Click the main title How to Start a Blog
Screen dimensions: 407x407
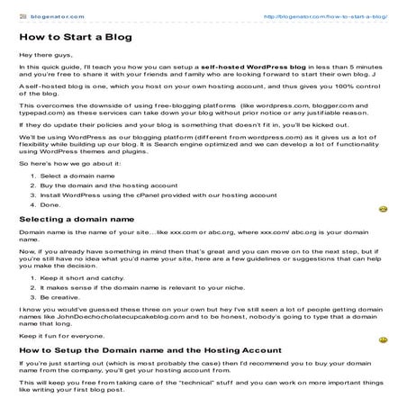point(74,39)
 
